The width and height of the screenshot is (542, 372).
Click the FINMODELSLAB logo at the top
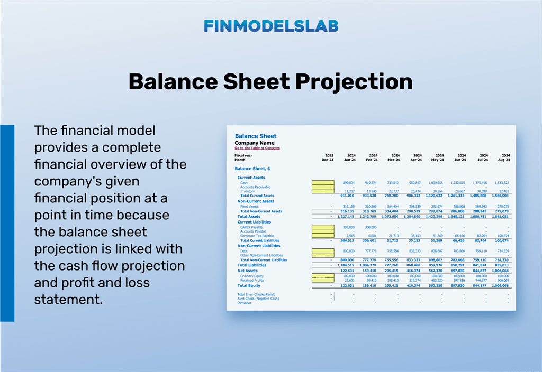pyautogui.click(x=271, y=26)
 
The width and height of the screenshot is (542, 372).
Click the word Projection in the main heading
pyautogui.click(x=354, y=82)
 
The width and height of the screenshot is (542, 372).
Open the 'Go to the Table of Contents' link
pyautogui.click(x=257, y=148)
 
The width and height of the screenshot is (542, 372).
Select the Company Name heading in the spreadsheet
pyautogui.click(x=255, y=143)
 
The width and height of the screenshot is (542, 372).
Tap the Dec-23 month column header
pyautogui.click(x=328, y=159)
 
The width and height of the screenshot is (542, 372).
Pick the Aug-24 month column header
pyautogui.click(x=503, y=159)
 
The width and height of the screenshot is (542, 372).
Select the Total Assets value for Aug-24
pyautogui.click(x=499, y=217)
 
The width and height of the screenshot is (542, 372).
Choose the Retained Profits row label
pyautogui.click(x=252, y=280)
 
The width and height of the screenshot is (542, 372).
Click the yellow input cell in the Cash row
pyautogui.click(x=323, y=183)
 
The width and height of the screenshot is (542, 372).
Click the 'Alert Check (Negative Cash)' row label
pyautogui.click(x=259, y=299)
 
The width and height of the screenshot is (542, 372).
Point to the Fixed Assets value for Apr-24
pyautogui.click(x=414, y=207)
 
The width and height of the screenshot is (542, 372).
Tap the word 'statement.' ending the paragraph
pyautogui.click(x=68, y=300)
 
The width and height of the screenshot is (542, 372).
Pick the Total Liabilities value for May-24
pyautogui.click(x=437, y=265)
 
